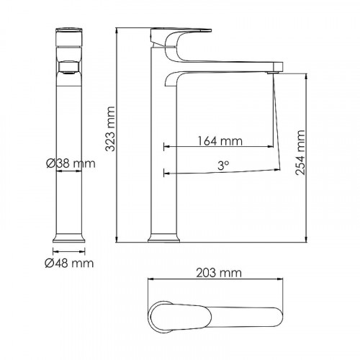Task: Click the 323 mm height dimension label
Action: click(x=110, y=136)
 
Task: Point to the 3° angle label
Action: click(x=223, y=165)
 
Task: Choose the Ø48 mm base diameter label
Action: click(x=71, y=264)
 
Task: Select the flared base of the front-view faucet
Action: click(x=71, y=237)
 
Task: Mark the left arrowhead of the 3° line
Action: click(x=167, y=173)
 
